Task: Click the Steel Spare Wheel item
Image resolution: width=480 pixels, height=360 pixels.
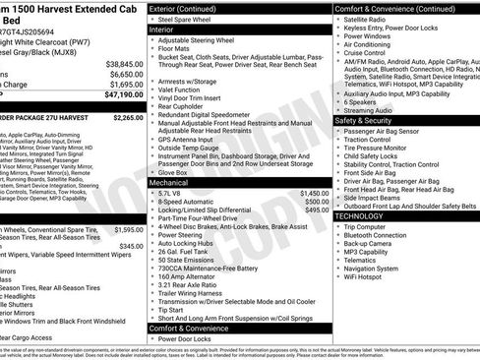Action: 187,19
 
